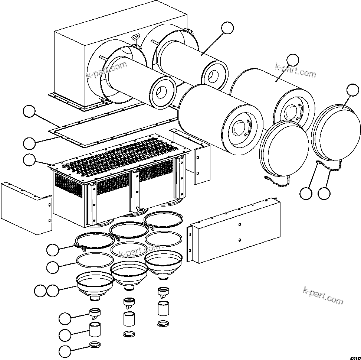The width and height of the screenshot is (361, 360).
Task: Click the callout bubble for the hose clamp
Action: [x=66, y=351]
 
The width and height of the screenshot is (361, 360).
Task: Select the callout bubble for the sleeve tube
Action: [x=66, y=334]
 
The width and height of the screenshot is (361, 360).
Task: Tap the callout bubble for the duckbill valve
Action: [x=66, y=318]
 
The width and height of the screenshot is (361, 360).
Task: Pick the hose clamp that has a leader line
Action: [x=95, y=344]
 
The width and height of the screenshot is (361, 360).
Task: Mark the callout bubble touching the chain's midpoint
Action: [x=324, y=193]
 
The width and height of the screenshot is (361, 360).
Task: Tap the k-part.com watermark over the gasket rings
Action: [x=139, y=251]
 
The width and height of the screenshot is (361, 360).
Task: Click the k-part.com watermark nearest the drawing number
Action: [x=323, y=295]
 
